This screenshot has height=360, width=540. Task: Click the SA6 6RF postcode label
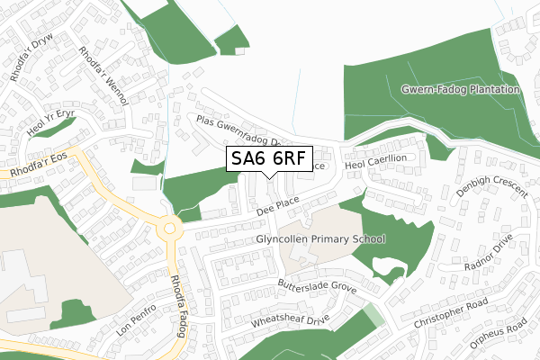tap(269, 159)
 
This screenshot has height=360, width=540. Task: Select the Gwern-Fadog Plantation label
tap(461, 90)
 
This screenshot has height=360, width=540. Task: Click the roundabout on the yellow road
tap(167, 229)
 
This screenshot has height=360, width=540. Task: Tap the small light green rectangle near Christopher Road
tap(372, 316)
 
